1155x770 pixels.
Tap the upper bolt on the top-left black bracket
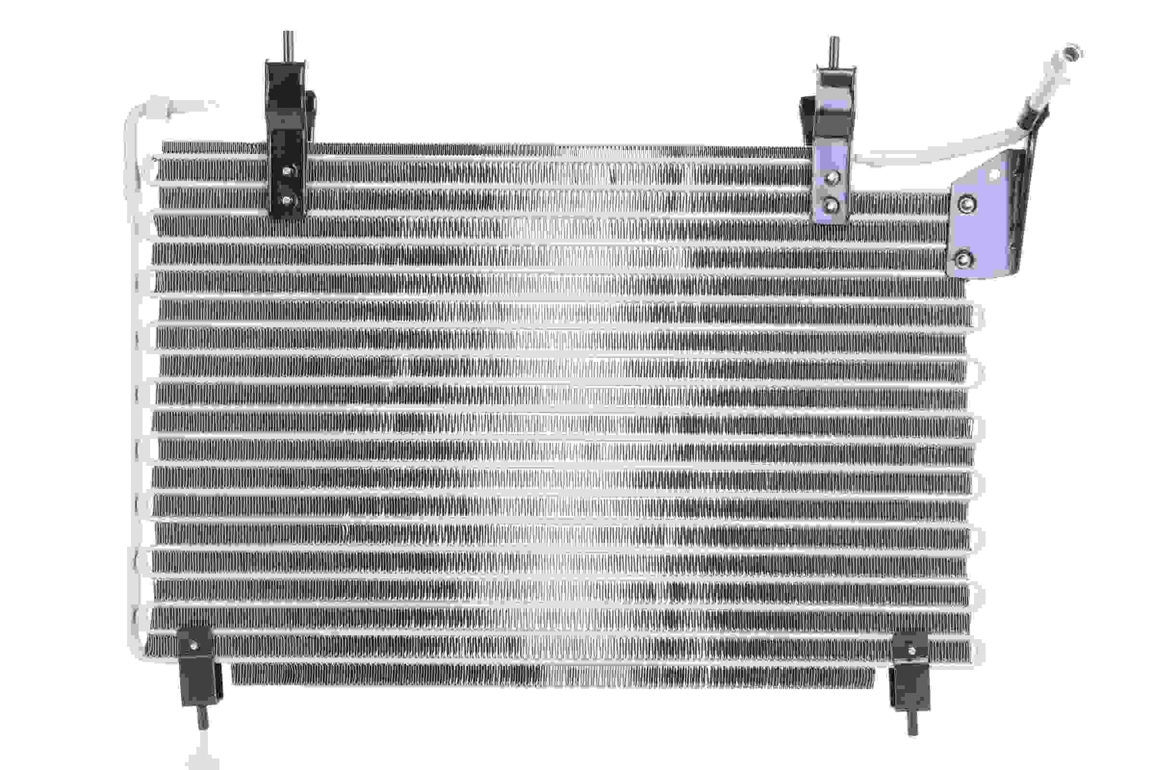(x=288, y=171)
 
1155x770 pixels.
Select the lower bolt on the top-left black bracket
(x=287, y=200)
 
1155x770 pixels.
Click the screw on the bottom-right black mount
(x=911, y=651)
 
